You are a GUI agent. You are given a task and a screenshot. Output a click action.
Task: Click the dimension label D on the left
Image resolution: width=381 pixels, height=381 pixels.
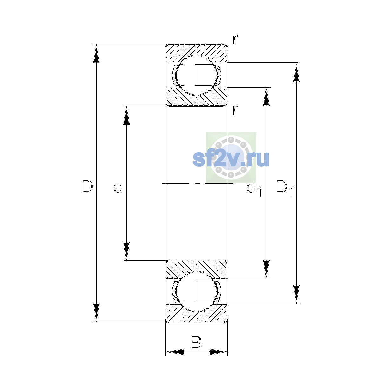click(x=87, y=186)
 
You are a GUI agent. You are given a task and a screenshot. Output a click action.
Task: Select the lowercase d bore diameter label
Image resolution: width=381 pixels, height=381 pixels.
click(x=118, y=186)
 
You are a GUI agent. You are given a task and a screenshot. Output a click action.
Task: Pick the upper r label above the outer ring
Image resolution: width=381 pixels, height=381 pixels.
click(x=235, y=39)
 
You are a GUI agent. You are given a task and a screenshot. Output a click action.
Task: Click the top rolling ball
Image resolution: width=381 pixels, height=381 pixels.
click(x=196, y=75)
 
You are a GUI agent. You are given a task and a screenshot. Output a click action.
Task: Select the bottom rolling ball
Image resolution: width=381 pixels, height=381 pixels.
click(x=196, y=291)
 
